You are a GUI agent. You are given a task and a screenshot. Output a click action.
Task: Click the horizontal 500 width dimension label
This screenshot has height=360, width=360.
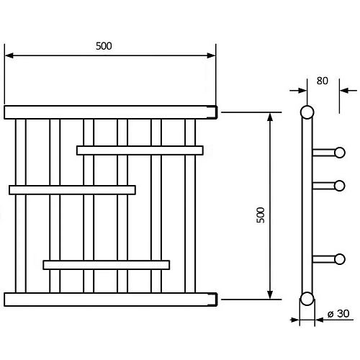104,46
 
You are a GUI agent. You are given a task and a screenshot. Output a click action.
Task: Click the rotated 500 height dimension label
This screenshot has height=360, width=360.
261,215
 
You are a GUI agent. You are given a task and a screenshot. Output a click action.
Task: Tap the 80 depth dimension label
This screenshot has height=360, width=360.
322,81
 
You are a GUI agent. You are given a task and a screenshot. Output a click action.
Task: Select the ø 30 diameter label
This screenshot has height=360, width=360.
338,314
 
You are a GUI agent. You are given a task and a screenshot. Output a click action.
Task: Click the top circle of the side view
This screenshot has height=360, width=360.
307,112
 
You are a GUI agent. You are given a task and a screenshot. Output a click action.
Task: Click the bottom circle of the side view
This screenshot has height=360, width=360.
307,299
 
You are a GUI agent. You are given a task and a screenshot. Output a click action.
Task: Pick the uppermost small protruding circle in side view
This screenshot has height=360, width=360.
340,153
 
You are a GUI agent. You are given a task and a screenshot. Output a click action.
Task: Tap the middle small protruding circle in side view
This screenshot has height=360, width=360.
340,186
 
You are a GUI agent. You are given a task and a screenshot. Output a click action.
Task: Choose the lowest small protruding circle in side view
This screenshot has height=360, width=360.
340,259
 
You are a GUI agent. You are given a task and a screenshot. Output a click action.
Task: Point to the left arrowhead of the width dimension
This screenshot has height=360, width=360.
9,55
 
